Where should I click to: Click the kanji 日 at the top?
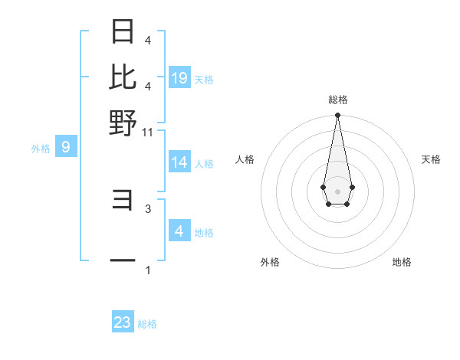tap(123, 32)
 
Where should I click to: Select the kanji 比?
tap(123, 77)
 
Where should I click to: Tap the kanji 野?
tap(123, 122)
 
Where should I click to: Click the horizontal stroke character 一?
tap(123, 260)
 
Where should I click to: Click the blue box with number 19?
tap(179, 77)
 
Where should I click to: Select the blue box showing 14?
tap(179, 162)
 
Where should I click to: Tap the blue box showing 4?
tap(179, 231)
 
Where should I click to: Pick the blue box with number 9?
tap(65, 147)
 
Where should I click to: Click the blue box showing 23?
tap(123, 322)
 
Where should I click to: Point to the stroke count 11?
tap(148, 132)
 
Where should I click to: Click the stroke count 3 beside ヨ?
tap(148, 208)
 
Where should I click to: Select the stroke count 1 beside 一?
tap(148, 270)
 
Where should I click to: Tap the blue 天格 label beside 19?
tap(204, 79)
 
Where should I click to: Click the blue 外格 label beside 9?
tap(41, 149)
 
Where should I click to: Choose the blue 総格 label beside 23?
tap(147, 324)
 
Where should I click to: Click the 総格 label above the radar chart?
tap(338, 100)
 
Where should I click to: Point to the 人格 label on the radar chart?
tap(245, 159)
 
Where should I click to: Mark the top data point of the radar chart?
tap(337, 116)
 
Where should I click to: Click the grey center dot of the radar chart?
tap(337, 191)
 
